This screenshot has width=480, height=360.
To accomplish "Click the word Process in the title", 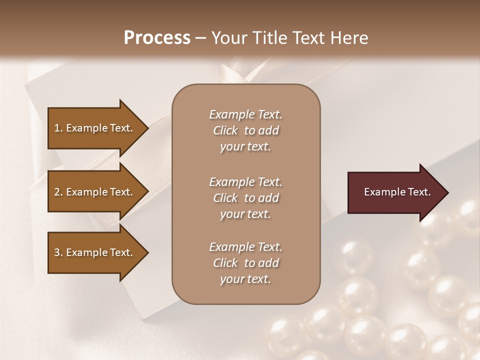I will click(157, 38).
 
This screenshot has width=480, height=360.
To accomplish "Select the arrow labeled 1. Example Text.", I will click(95, 128).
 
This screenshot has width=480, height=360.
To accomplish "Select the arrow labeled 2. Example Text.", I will click(95, 192).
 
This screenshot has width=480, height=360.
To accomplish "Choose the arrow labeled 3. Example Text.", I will click(95, 252).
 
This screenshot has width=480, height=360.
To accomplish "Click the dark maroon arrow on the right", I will click(395, 192).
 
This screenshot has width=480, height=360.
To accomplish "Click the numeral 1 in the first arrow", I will click(57, 128).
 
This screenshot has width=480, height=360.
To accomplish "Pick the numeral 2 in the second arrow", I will click(57, 192).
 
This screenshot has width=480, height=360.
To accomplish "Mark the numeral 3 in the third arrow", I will click(57, 252).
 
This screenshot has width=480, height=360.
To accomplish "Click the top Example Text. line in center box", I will click(245, 114).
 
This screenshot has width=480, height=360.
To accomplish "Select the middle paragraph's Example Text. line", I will click(245, 182).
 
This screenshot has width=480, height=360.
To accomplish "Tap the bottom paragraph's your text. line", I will click(245, 279).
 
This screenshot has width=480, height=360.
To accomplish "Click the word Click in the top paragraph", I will click(225, 130).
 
